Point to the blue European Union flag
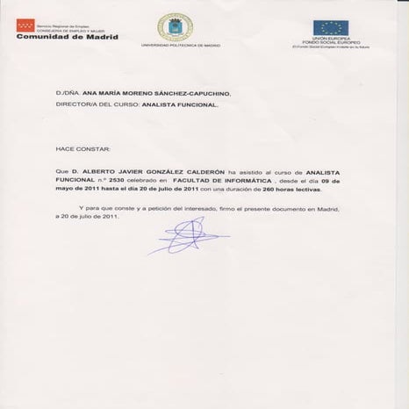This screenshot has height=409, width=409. pos(333,27)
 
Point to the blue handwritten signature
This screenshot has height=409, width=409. pos(186,235)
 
